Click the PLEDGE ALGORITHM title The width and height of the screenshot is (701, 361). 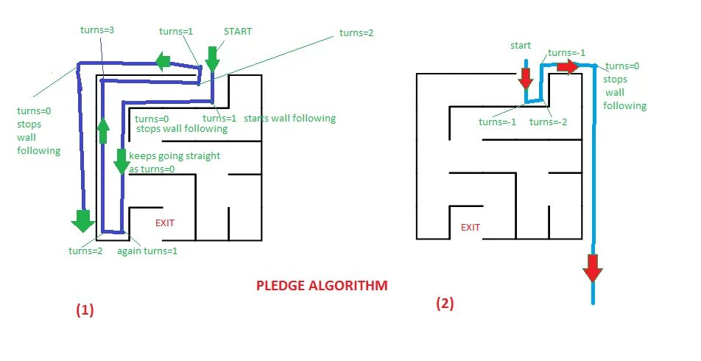pyautogui.click(x=321, y=285)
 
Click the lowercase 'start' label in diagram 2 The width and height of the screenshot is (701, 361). pyautogui.click(x=521, y=46)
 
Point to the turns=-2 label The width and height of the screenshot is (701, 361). pyautogui.click(x=548, y=122)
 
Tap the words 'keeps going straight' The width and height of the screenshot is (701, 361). pyautogui.click(x=175, y=157)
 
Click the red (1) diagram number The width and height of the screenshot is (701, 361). pyautogui.click(x=85, y=310)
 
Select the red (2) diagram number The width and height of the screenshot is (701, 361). pyautogui.click(x=444, y=303)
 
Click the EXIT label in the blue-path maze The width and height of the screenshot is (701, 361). pyautogui.click(x=165, y=222)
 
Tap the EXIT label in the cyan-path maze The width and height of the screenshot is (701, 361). pyautogui.click(x=471, y=227)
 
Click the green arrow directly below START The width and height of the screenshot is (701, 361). pyautogui.click(x=213, y=59)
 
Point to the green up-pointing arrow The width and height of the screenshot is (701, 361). pyautogui.click(x=103, y=130)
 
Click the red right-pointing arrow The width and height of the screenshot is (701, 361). pyautogui.click(x=568, y=67)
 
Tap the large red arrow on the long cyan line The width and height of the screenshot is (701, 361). pyautogui.click(x=593, y=267)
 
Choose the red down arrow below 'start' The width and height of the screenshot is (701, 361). pyautogui.click(x=525, y=76)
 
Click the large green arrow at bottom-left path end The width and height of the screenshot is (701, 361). pyautogui.click(x=82, y=220)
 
